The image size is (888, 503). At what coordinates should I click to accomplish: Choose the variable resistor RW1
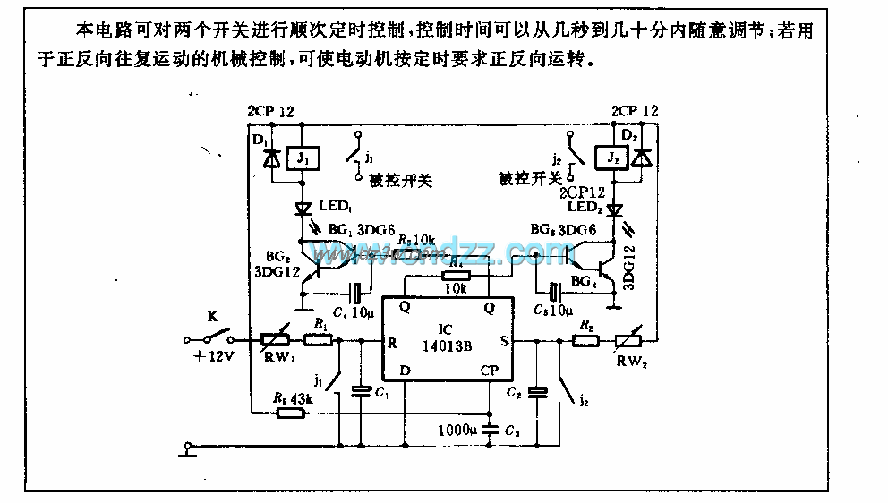[x=273, y=340]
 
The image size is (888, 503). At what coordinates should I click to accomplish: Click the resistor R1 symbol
[x=319, y=340]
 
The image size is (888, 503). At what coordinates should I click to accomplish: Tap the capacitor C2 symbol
[x=537, y=392]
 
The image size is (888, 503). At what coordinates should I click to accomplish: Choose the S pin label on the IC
[x=505, y=341]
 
